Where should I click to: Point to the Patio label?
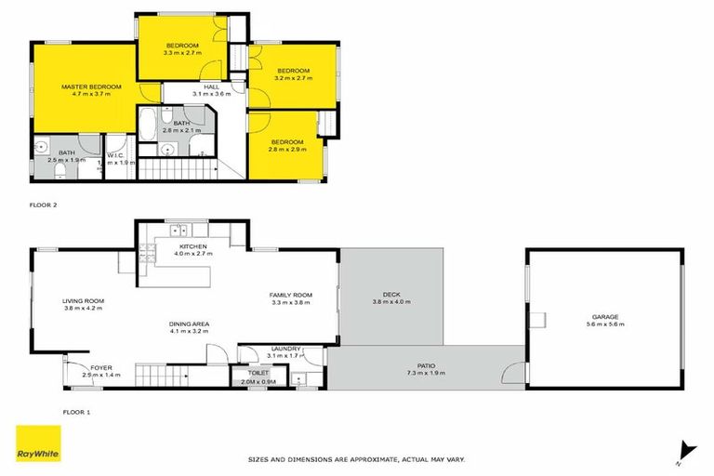[x=426, y=365]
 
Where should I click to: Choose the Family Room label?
[x=289, y=294]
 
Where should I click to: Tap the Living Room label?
[x=83, y=301]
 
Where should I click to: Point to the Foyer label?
[x=101, y=368]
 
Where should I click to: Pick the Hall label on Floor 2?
[x=185, y=86]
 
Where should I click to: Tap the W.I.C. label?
[x=115, y=154]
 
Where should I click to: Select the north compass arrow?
[x=686, y=449]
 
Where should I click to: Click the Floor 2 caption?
[x=43, y=203]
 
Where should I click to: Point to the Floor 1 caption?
[x=43, y=410]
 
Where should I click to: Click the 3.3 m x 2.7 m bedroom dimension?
[x=181, y=53]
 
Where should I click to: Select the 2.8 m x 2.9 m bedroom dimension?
[x=285, y=149]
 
